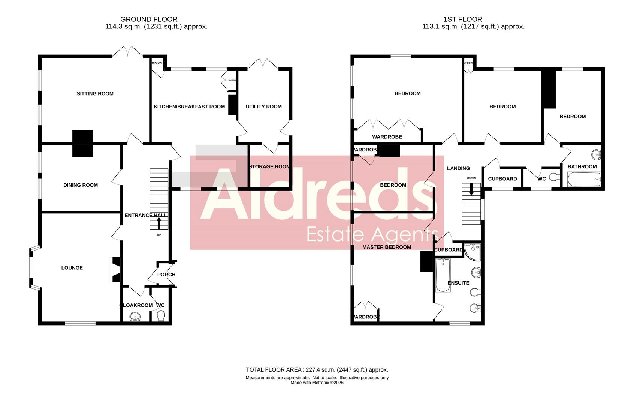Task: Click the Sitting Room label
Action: point(95,94)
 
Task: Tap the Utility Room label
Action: point(263,106)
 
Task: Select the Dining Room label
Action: point(80,185)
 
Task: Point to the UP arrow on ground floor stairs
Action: point(158,224)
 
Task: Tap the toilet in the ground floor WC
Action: point(161,316)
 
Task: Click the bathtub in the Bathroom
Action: point(584,179)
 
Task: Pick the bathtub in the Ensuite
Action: point(443,274)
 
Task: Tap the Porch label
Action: point(166,274)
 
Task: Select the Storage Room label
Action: point(269,166)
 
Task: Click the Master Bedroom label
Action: point(386,247)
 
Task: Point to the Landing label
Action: point(458,168)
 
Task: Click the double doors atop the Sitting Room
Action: point(127,52)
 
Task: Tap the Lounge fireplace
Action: point(115,269)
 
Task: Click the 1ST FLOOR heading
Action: point(462,19)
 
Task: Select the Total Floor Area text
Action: point(317,370)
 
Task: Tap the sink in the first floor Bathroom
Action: point(597,154)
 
